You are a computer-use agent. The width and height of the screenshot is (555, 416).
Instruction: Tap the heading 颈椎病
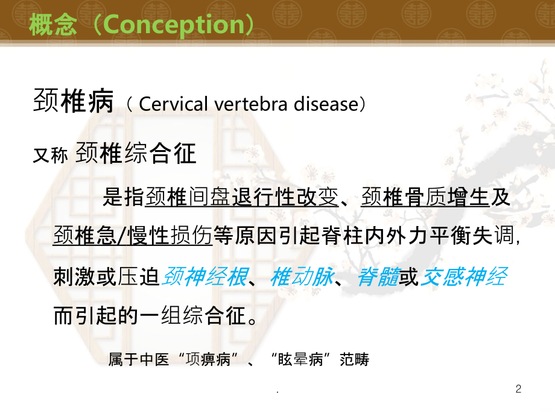[x=73, y=103]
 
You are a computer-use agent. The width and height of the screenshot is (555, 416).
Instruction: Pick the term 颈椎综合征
[x=137, y=154]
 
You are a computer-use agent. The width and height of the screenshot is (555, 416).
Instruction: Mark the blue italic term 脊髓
[x=378, y=277]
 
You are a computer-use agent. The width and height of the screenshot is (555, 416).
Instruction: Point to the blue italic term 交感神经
[x=463, y=277]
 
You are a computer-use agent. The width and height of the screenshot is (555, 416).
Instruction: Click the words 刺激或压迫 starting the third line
[x=106, y=277]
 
